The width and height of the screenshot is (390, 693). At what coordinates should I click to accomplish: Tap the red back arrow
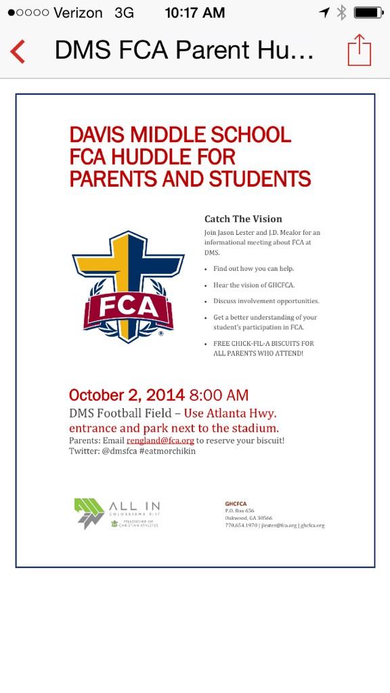tap(18, 51)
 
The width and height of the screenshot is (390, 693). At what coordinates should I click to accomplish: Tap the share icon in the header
tap(359, 51)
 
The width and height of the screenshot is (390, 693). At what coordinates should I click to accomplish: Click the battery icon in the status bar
tap(368, 12)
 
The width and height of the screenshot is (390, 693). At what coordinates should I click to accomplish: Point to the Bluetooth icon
tap(341, 12)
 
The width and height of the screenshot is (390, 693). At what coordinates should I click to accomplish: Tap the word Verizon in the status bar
tap(77, 13)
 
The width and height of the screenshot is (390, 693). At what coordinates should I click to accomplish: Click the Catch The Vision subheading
tap(243, 219)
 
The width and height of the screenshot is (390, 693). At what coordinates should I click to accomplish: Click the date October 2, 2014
tap(127, 395)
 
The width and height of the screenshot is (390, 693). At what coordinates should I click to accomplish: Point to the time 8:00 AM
tap(219, 395)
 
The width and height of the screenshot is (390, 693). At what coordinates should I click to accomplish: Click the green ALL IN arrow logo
tap(89, 512)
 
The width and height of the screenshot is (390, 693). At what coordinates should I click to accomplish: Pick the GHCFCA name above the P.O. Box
tap(236, 504)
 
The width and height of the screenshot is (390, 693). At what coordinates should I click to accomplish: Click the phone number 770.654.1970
tap(240, 525)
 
